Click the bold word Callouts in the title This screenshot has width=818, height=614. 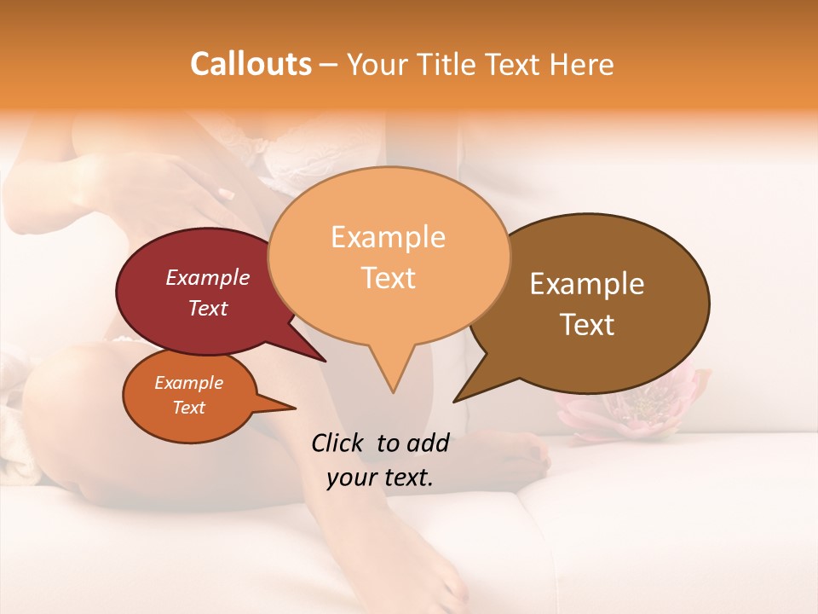[251, 64]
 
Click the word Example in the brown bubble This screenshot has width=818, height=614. [587, 284]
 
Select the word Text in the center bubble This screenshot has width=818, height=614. [389, 278]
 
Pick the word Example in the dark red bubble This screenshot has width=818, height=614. [208, 277]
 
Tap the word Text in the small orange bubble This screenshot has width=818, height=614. [189, 408]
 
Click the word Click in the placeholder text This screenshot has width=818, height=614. [339, 443]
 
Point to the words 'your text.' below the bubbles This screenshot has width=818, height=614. [379, 478]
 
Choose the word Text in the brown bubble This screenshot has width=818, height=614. [587, 325]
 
